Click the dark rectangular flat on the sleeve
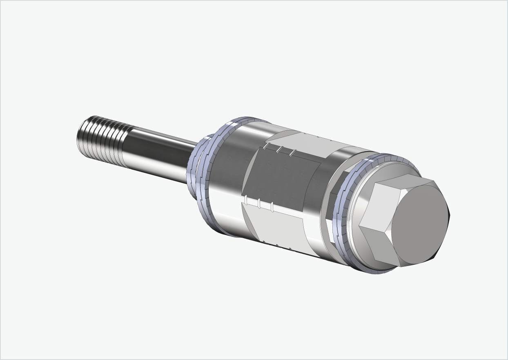282,180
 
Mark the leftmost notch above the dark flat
266,146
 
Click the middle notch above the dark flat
279,150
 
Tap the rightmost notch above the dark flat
292,153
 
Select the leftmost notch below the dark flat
246,199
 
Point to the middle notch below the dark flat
259,203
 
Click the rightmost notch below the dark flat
272,206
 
